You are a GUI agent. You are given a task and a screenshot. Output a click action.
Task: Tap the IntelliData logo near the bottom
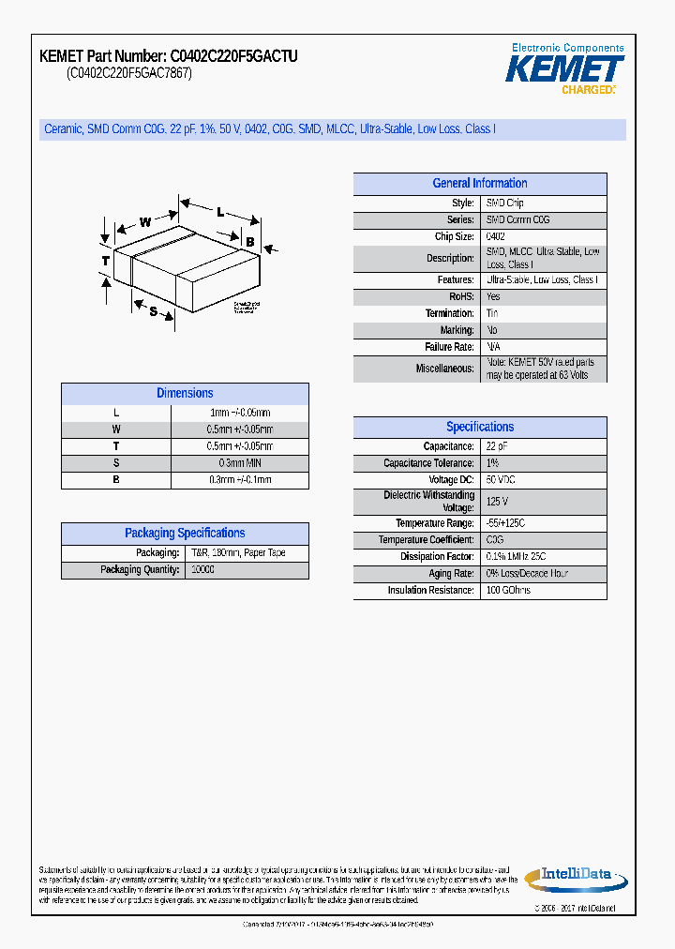click(574, 877)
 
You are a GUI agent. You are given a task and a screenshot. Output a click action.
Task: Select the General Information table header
click(479, 184)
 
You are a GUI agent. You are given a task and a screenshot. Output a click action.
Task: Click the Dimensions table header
click(185, 394)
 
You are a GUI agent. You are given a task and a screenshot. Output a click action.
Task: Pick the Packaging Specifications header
click(185, 534)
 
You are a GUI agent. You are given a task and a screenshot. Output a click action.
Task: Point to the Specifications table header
click(479, 427)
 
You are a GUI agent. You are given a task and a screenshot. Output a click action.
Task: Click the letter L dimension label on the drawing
click(220, 212)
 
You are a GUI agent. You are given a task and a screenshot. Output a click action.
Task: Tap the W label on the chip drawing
click(145, 222)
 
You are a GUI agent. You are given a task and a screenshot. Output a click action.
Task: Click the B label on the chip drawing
click(250, 242)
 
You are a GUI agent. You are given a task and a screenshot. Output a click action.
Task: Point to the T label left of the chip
click(106, 260)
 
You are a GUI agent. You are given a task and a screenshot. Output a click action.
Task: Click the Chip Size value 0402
click(496, 237)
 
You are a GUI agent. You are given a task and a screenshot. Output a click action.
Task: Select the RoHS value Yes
click(493, 297)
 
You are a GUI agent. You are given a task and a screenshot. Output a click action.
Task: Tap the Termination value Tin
click(492, 314)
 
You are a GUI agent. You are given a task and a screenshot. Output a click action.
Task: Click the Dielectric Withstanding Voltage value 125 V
click(497, 502)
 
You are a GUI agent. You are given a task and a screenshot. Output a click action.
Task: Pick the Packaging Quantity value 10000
click(202, 570)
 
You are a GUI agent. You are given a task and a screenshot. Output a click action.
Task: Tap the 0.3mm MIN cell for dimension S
click(239, 463)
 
